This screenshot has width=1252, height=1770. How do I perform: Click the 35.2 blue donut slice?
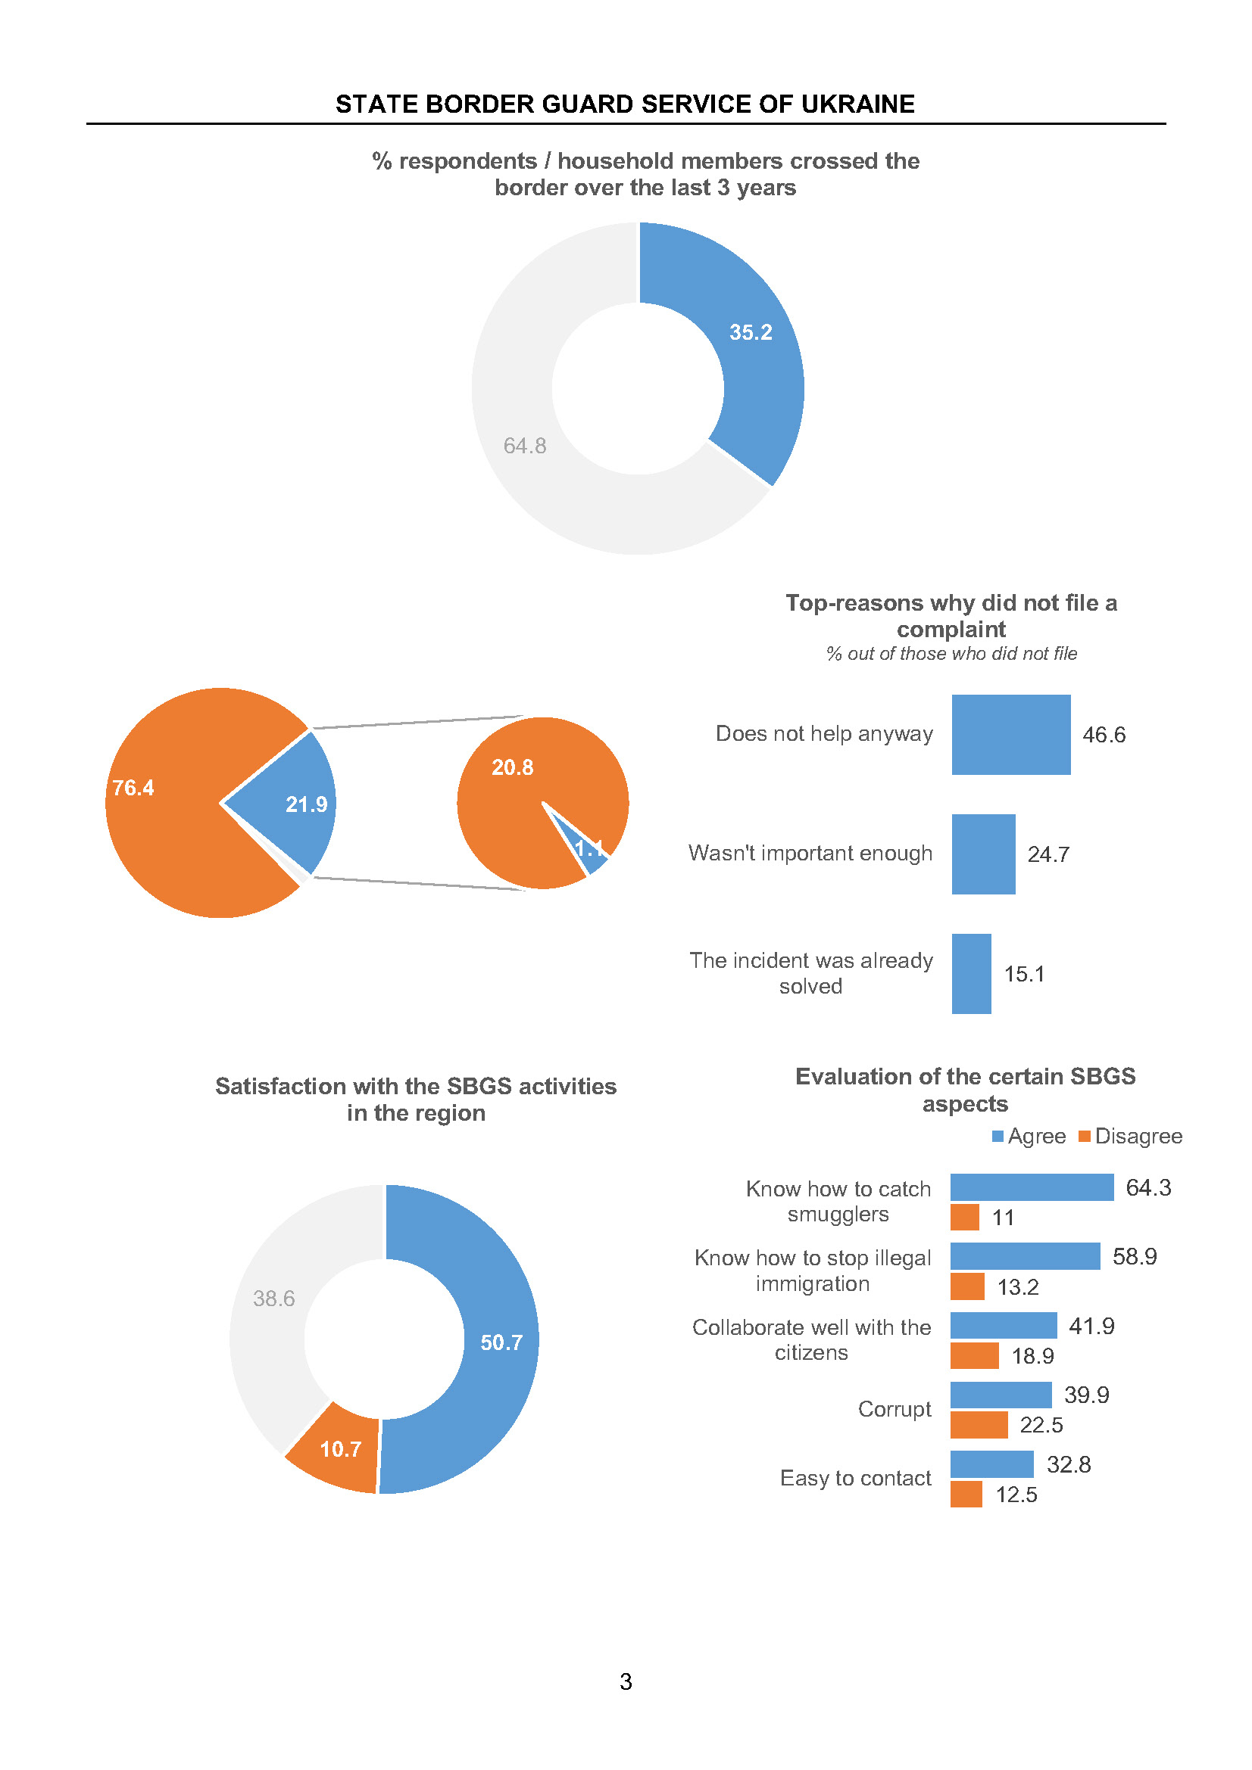coord(752,362)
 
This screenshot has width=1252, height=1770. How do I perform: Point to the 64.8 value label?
coord(525,446)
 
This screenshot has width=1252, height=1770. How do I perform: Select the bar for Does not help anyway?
coord(1010,735)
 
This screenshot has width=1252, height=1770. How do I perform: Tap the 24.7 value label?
coord(1048,854)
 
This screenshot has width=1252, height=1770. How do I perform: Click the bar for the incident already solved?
coord(971,974)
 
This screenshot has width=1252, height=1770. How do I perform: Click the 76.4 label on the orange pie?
coord(133,788)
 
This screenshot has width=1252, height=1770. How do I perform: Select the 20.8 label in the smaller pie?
coord(512,768)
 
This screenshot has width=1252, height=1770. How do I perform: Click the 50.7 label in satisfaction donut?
coord(501,1343)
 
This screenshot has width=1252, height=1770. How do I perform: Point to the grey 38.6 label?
coord(274,1299)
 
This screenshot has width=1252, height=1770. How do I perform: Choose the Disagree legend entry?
coord(1130,1137)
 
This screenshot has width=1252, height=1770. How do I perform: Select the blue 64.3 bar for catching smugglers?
coord(1032,1187)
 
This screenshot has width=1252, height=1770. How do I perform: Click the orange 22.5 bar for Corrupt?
coord(978,1425)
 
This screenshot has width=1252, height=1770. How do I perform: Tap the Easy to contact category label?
coord(854,1478)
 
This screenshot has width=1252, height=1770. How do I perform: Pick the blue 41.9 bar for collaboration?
coord(1003,1326)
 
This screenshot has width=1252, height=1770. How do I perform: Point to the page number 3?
coord(626,1681)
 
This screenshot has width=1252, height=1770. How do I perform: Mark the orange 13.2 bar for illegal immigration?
coord(966,1286)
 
